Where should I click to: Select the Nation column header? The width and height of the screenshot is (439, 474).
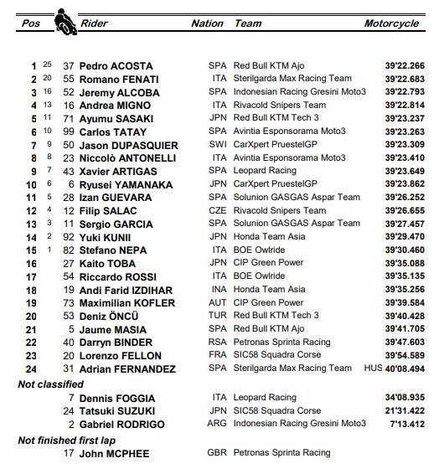207,23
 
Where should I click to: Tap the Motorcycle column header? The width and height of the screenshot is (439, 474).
391,23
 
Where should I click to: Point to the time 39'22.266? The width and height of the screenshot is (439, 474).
403,65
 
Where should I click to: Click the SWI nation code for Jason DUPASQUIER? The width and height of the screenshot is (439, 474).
218,145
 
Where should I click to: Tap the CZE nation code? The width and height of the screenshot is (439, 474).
218,210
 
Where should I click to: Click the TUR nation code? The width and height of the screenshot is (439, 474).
218,316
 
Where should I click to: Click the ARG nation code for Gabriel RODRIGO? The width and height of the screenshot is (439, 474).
218,425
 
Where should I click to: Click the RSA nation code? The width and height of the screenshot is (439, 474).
218,342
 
